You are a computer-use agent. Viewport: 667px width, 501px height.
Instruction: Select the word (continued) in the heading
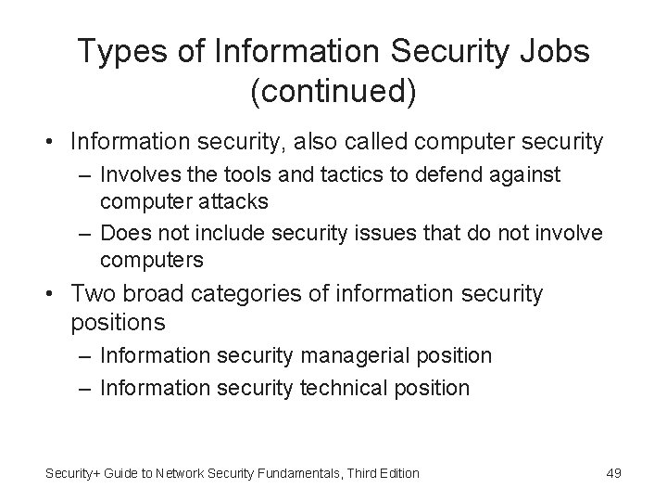pos(333,91)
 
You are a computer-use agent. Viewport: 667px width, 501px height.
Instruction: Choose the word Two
pos(92,294)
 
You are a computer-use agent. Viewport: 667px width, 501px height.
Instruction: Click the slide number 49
pos(613,473)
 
